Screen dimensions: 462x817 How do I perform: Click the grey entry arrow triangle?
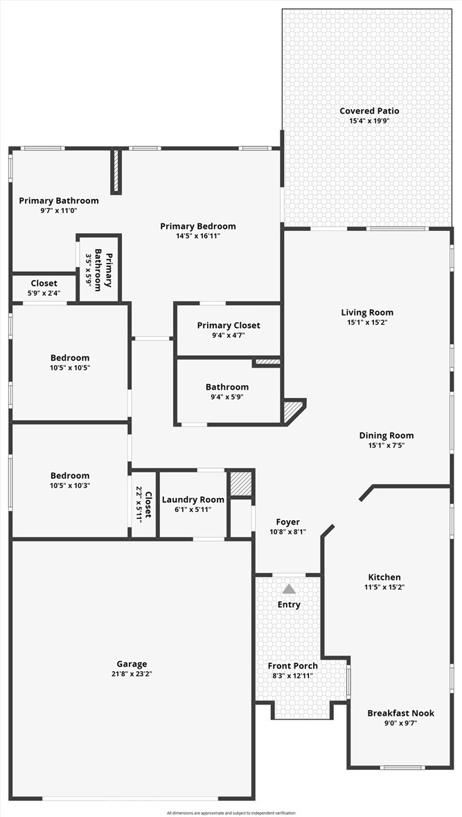click(x=289, y=589)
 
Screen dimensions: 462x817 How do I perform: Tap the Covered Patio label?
click(x=369, y=111)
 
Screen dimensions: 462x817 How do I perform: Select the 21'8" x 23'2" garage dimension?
click(x=132, y=673)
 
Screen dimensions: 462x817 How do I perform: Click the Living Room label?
click(x=367, y=313)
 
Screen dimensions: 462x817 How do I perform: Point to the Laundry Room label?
click(x=193, y=499)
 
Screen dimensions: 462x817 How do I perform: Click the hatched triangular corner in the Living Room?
click(x=292, y=410)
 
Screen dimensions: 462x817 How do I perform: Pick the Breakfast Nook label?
click(x=400, y=713)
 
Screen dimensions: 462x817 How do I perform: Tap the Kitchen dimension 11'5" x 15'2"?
click(x=384, y=587)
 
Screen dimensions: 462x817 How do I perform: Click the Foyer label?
click(x=287, y=522)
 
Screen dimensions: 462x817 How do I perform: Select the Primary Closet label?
click(x=229, y=326)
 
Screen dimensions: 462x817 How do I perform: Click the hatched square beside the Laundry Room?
click(x=241, y=485)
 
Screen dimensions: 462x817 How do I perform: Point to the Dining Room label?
click(x=387, y=436)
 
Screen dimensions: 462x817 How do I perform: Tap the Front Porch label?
click(x=293, y=666)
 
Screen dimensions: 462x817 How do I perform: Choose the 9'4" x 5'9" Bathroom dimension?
click(x=226, y=397)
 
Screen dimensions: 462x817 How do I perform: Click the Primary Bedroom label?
click(x=197, y=226)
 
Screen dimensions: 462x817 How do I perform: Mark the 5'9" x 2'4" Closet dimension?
click(x=44, y=293)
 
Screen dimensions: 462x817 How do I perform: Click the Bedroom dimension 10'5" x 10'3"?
click(x=70, y=485)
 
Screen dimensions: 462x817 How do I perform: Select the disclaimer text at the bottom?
click(x=231, y=813)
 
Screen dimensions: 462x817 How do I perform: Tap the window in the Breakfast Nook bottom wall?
click(x=402, y=767)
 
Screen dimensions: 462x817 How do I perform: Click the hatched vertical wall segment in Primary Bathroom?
click(x=116, y=171)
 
